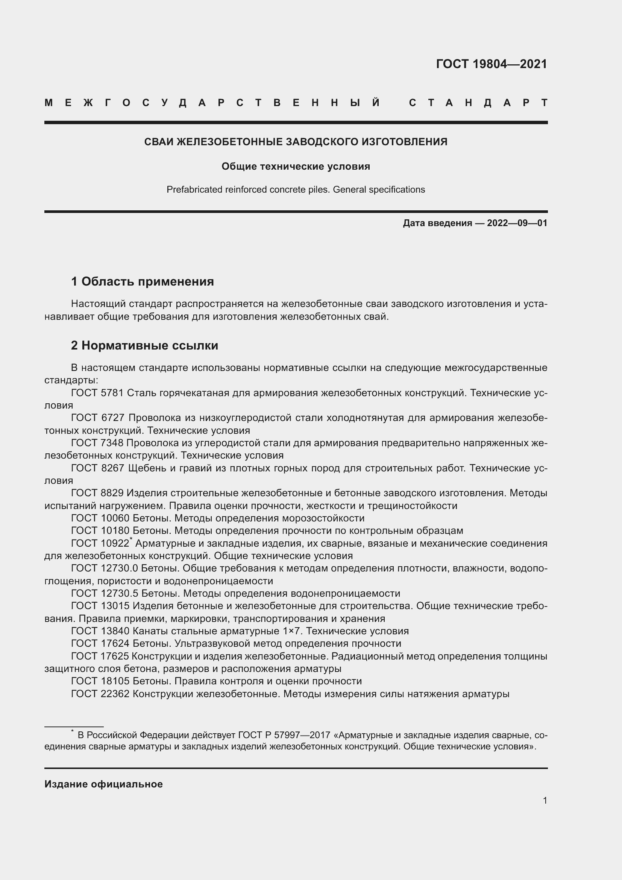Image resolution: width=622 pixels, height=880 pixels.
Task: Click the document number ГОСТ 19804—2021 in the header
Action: pos(492,64)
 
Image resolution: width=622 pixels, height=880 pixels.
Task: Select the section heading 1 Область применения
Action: pos(142,282)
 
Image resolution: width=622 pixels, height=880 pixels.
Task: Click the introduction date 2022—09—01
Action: pos(517,223)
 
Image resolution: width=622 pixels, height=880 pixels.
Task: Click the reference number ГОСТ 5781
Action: pos(97,393)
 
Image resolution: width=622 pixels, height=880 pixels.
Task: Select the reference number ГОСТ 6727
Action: pos(97,418)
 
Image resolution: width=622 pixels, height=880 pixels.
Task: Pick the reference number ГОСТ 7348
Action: pos(97,443)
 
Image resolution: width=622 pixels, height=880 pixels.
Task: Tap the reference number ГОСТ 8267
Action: pos(97,468)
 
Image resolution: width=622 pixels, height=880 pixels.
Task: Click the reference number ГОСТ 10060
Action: pos(100,518)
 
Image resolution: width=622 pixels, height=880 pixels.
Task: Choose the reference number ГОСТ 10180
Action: pos(100,531)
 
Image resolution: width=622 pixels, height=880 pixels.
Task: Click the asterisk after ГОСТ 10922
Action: pos(131,540)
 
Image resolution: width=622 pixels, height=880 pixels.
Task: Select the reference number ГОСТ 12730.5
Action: pos(105,594)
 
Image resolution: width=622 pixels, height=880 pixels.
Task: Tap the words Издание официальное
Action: pos(103,784)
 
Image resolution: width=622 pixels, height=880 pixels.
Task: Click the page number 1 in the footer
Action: pos(545,800)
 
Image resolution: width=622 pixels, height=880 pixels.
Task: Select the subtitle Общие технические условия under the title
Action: pos(296,167)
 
